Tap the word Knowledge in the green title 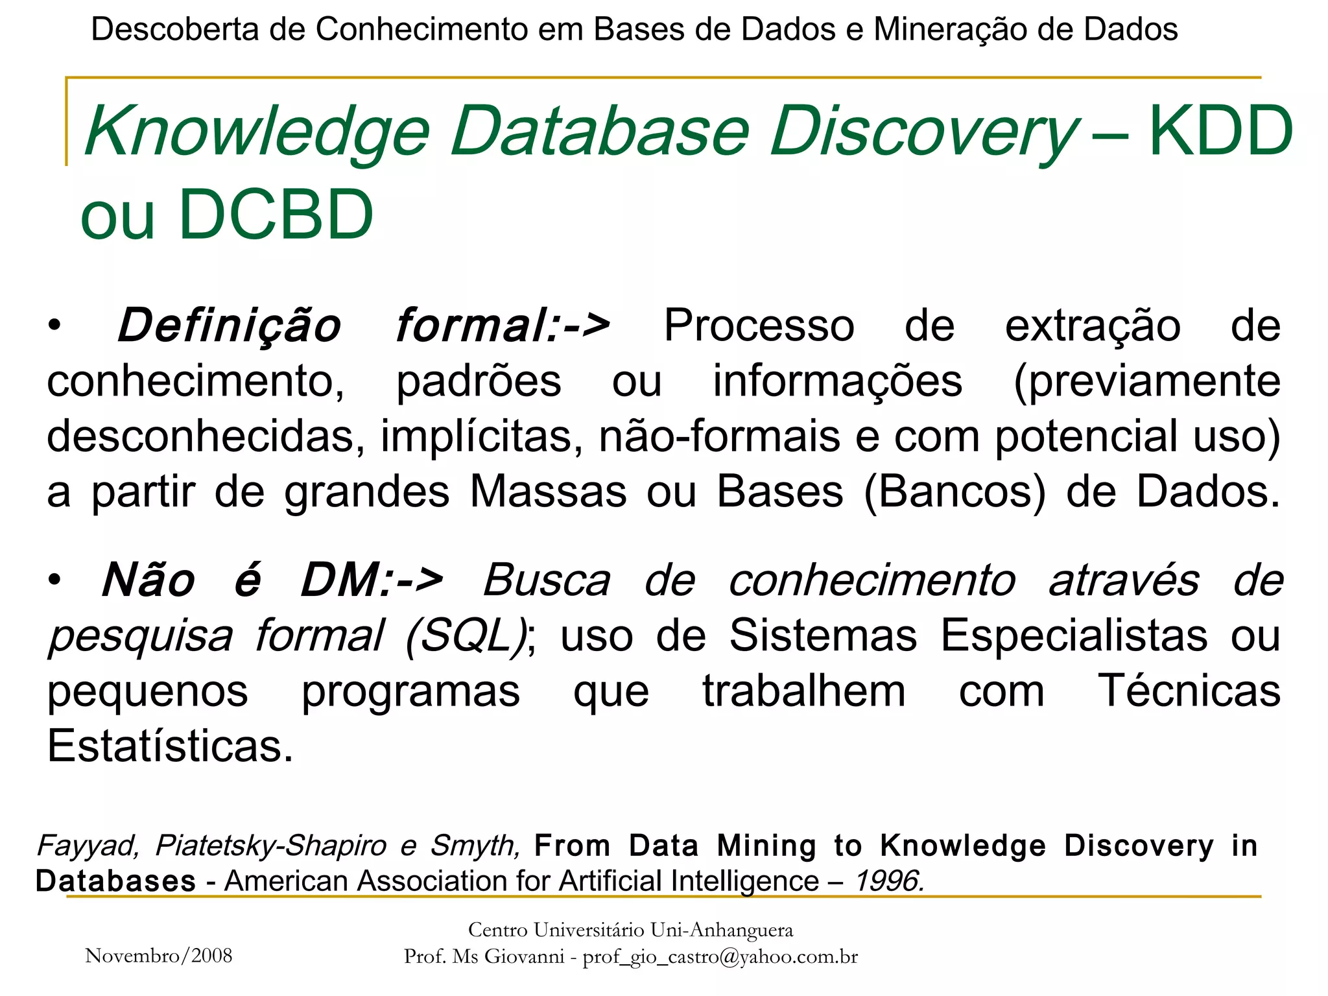[257, 133]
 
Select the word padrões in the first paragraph [479, 381]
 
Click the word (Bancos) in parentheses [955, 492]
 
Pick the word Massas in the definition [548, 492]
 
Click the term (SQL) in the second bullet [467, 635]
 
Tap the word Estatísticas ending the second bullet [171, 746]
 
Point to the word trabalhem [804, 691]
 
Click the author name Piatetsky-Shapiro [271, 846]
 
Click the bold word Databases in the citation [115, 881]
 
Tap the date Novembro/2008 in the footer [159, 956]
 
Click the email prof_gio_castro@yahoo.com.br [720, 957]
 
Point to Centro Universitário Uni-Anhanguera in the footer [630, 931]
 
